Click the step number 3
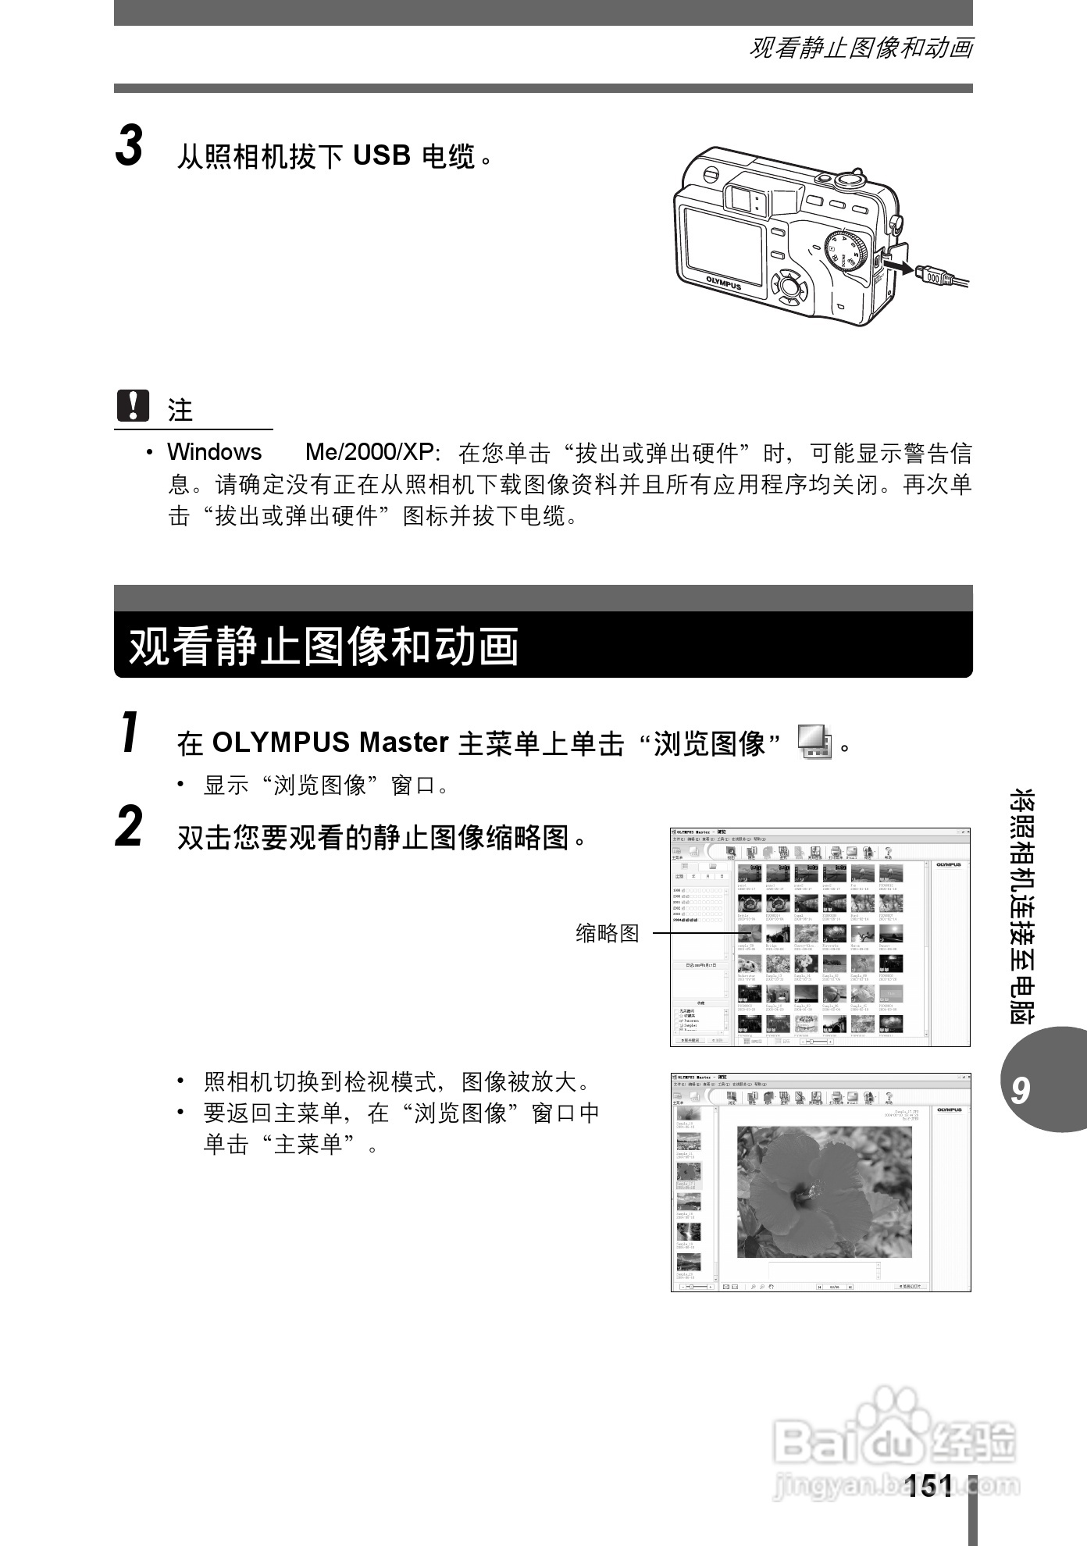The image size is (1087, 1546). [130, 147]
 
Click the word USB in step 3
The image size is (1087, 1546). [381, 156]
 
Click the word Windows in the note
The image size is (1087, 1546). [214, 452]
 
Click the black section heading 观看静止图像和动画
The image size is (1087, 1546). [323, 647]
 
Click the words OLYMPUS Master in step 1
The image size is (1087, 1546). [330, 743]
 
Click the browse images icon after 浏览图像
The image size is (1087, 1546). [814, 741]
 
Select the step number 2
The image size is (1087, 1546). [130, 828]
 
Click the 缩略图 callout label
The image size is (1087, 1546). [607, 933]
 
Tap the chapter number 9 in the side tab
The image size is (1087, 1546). [1020, 1091]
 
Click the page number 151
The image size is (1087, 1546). [929, 1485]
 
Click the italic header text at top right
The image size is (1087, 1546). [861, 48]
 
